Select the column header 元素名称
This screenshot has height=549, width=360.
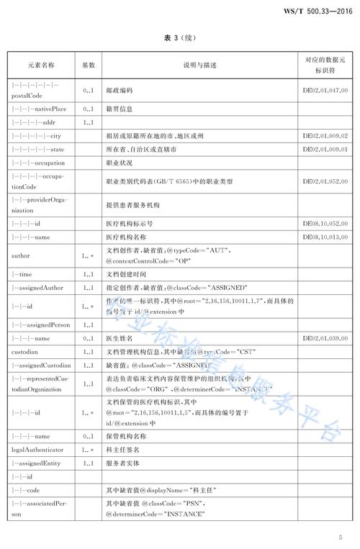click(41, 65)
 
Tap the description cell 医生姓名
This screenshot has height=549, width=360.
click(120, 337)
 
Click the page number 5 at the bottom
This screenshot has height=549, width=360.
click(340, 537)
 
